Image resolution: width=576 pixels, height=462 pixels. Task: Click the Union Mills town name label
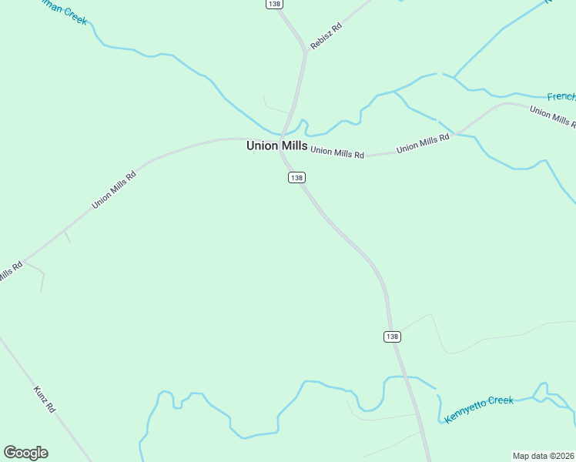(x=276, y=146)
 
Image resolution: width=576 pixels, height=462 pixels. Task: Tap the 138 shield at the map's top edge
(x=275, y=4)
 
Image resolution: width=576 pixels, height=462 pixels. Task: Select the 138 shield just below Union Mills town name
(x=296, y=178)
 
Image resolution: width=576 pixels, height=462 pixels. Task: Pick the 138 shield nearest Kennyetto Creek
(x=392, y=336)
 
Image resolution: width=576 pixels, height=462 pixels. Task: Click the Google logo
(x=25, y=453)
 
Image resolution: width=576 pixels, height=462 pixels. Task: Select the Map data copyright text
(x=543, y=455)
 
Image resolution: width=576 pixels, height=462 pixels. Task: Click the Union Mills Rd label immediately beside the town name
(x=337, y=153)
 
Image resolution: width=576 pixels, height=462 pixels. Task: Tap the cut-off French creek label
(x=561, y=97)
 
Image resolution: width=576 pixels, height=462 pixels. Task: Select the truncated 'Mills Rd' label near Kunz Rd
(x=9, y=272)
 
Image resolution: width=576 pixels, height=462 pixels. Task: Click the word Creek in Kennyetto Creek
(x=499, y=401)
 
